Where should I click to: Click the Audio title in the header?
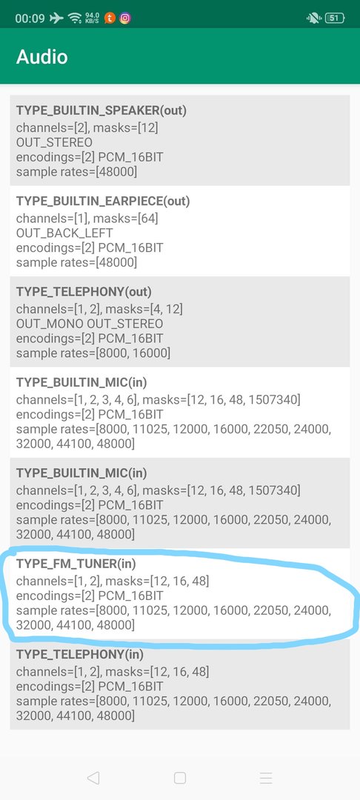click(x=41, y=56)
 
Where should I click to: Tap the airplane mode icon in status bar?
click(x=56, y=19)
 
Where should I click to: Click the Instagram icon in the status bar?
click(x=125, y=19)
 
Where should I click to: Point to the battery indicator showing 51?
click(x=335, y=19)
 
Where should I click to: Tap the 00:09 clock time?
click(x=30, y=19)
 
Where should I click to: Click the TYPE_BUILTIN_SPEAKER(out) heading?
click(x=101, y=110)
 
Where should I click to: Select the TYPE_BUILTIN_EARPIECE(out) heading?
click(x=103, y=201)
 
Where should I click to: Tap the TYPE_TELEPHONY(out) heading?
click(x=84, y=292)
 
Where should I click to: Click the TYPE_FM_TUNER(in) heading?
click(x=76, y=564)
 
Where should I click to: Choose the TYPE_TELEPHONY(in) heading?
click(x=80, y=655)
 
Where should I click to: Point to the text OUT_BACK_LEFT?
click(x=64, y=233)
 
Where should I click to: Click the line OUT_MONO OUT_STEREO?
click(x=90, y=324)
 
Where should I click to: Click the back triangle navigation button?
click(x=93, y=778)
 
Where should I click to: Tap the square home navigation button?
click(x=179, y=778)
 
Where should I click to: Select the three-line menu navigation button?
click(x=266, y=778)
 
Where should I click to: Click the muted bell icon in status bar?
click(x=313, y=19)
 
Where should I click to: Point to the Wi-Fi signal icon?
click(x=75, y=19)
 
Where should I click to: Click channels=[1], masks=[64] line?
click(x=87, y=219)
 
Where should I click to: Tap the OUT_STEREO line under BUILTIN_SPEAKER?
click(x=55, y=142)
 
